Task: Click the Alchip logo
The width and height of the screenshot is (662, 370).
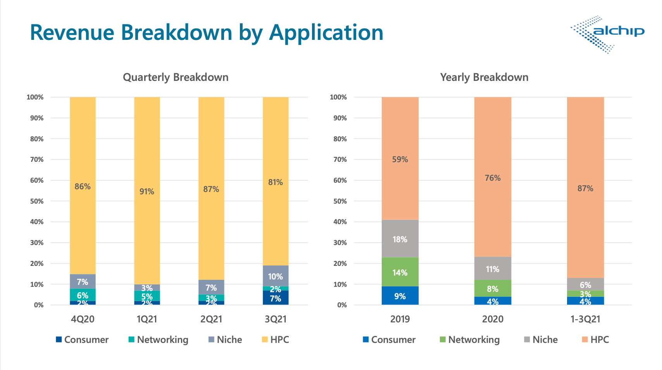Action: point(607,34)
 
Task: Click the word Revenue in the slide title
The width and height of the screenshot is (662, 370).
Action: point(72,33)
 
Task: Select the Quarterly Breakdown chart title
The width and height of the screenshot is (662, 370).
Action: point(176,77)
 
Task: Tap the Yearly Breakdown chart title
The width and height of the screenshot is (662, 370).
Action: point(484,77)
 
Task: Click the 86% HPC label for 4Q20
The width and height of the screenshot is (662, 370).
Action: point(83,187)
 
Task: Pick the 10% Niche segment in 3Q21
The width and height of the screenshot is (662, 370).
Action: point(275,276)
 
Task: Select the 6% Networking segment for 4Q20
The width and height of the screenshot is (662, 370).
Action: point(83,295)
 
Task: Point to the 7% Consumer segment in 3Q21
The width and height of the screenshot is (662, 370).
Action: point(275,298)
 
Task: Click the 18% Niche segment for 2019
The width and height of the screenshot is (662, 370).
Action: point(400,239)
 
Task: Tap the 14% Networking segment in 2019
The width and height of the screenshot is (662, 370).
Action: point(400,272)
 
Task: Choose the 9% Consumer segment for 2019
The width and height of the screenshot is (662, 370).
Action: point(400,296)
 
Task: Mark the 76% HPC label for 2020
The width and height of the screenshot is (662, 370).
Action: point(493,178)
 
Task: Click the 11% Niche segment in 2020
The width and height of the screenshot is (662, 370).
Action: point(493,269)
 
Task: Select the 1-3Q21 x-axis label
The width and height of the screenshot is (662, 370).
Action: point(585,319)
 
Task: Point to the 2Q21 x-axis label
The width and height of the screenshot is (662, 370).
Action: point(211,319)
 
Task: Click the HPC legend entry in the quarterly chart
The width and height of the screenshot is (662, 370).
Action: point(276,340)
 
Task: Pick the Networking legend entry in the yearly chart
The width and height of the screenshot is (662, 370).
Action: point(469,340)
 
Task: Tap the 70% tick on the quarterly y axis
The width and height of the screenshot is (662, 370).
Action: point(37,159)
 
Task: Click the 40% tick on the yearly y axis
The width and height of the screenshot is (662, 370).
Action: point(340,222)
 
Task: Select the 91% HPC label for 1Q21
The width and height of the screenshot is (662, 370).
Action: point(147,192)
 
